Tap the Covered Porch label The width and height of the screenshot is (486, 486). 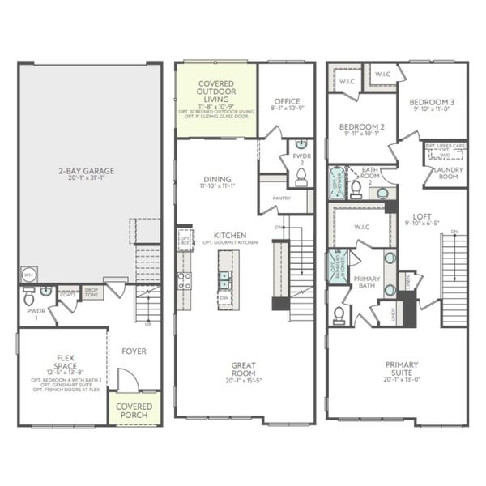tap(134, 410)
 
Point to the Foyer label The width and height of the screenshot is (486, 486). tap(134, 351)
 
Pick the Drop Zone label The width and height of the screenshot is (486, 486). tap(92, 292)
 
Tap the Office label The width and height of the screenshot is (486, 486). tap(286, 100)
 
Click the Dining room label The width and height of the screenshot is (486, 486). tap(217, 179)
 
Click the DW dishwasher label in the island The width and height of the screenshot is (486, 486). tap(223, 298)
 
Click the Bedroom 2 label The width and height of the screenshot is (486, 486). tap(361, 128)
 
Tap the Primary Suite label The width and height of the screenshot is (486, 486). tap(403, 369)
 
